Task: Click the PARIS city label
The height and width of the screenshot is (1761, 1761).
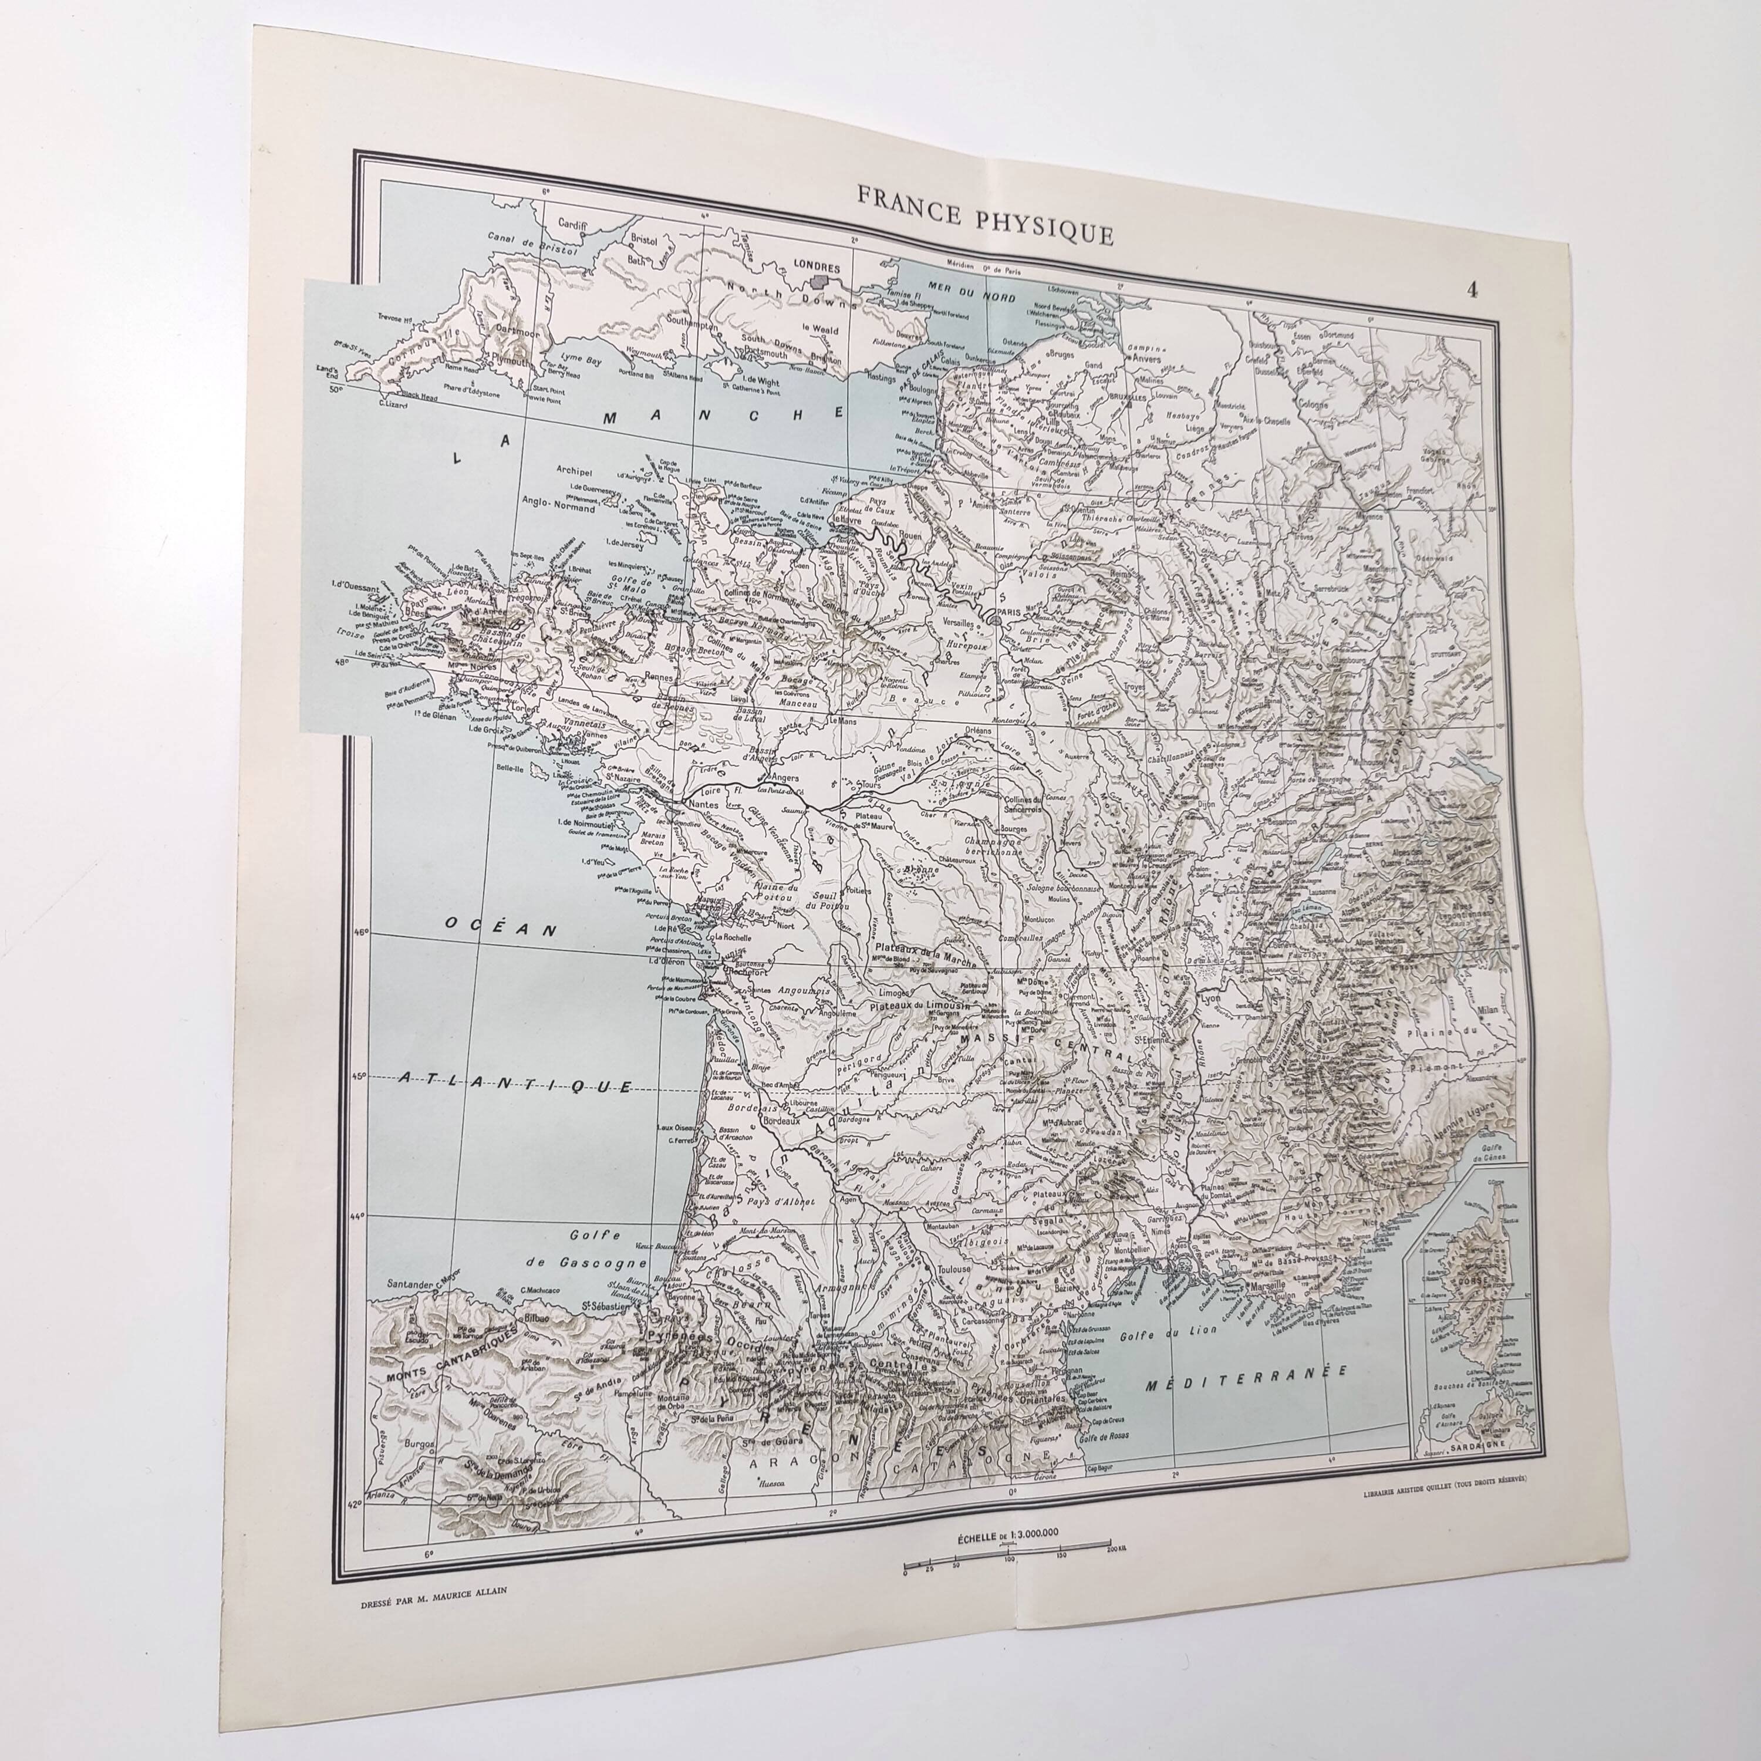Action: [x=1008, y=612]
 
